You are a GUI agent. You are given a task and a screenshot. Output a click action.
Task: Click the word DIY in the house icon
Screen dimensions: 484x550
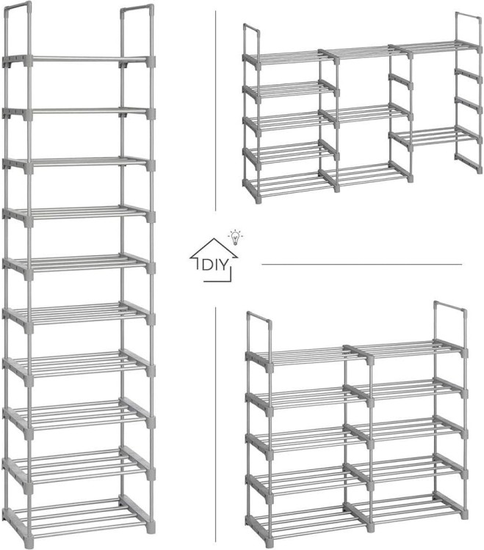[214, 265]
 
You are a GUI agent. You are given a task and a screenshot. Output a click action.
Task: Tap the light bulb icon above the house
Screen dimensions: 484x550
[235, 238]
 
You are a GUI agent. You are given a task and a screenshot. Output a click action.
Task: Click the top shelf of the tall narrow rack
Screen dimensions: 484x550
[79, 60]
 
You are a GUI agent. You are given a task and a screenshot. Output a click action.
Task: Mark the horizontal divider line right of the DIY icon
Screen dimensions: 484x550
[362, 265]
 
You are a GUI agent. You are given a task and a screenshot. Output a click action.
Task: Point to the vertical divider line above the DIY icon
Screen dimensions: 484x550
[216, 111]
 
